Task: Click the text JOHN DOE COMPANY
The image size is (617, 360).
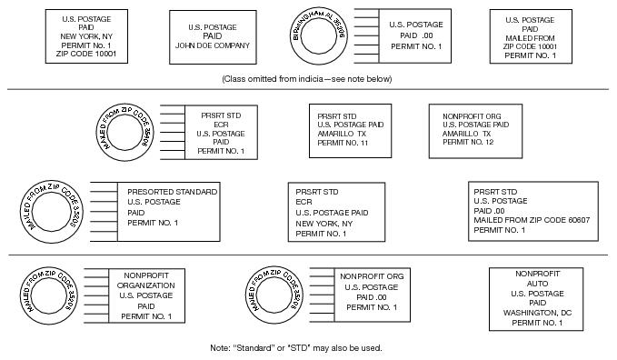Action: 212,45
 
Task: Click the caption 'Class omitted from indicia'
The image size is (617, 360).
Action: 307,79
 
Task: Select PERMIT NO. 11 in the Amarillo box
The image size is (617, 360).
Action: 343,144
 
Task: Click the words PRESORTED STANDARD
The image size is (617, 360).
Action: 172,192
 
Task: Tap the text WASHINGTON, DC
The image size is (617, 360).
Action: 536,313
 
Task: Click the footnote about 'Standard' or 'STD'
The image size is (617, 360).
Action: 308,348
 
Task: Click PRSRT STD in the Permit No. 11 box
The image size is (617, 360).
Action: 337,116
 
